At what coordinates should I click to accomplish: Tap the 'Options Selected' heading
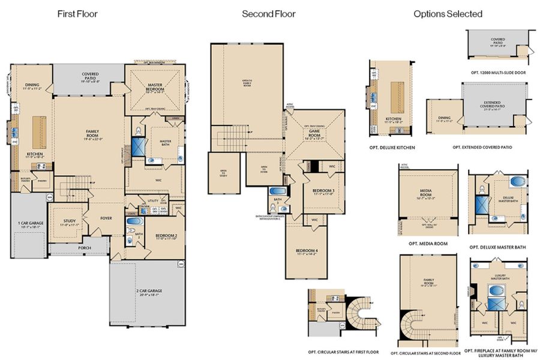coord(448,14)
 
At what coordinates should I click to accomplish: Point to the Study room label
coord(69,223)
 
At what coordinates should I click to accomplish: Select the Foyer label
coord(106,218)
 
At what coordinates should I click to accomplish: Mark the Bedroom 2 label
coord(163,237)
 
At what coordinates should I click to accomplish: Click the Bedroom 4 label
coord(307,252)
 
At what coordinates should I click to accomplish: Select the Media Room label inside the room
coord(428,195)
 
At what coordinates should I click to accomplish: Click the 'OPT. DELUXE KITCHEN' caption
coord(393,147)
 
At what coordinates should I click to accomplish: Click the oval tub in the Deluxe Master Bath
coord(516,182)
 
